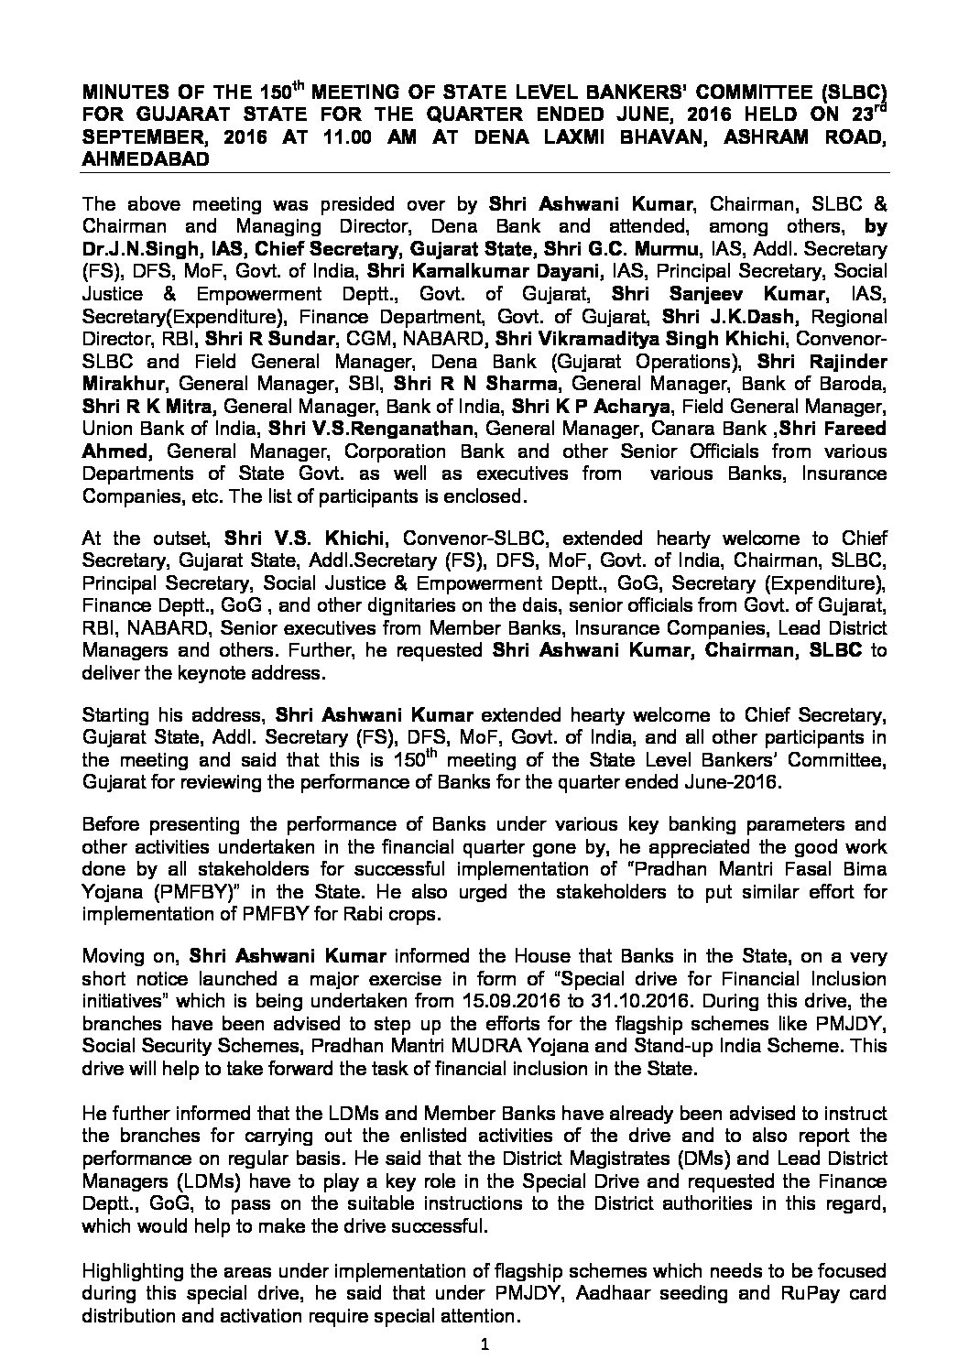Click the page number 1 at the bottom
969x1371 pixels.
(485, 1344)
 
